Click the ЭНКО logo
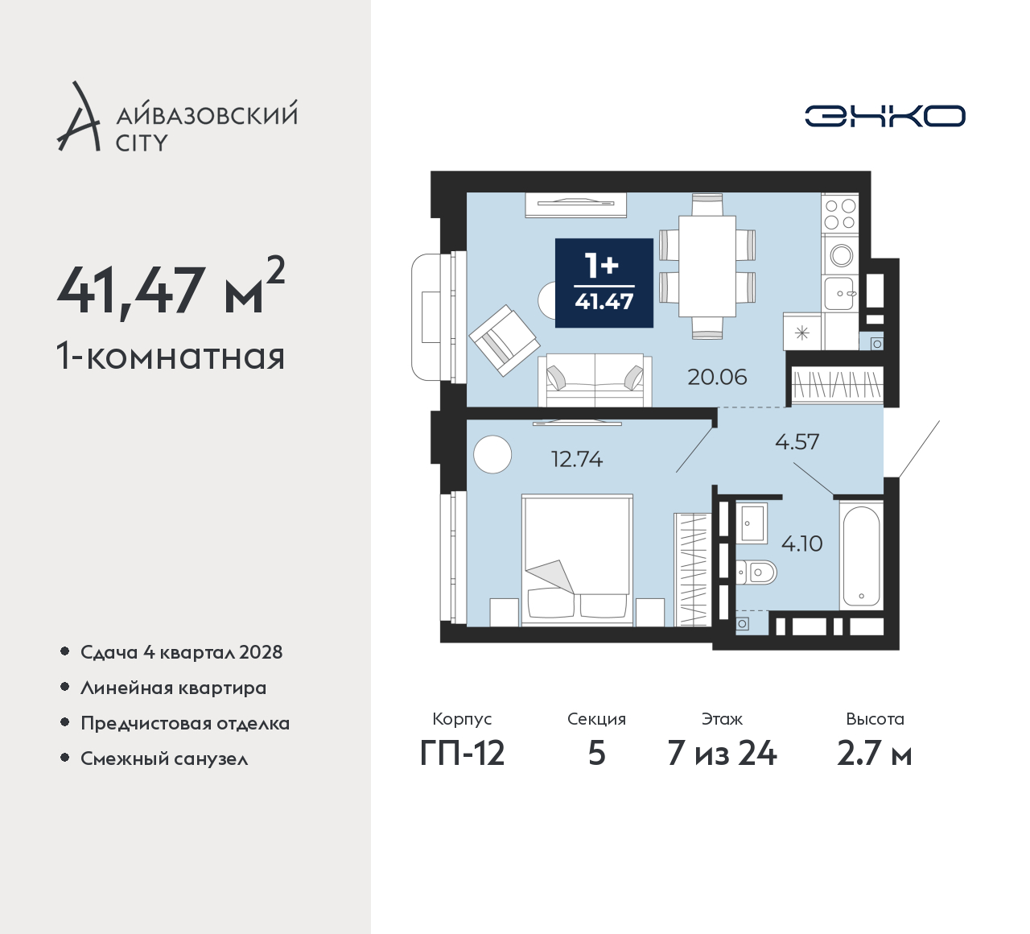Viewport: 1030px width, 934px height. point(884,116)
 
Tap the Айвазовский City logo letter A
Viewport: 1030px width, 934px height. point(78,116)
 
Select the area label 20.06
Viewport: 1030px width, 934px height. point(717,377)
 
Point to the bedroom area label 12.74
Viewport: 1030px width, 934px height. point(577,459)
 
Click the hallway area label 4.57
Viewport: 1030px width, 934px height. point(797,442)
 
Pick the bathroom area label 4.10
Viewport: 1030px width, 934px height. point(802,543)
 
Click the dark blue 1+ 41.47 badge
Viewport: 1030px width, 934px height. point(604,283)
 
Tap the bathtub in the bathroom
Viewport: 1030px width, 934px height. point(861,555)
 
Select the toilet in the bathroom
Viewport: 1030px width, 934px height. point(756,572)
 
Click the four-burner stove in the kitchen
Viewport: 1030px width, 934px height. point(840,213)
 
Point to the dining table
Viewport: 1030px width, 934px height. point(707,267)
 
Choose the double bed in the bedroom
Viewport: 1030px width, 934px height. point(577,560)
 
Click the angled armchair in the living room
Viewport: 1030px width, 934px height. point(504,340)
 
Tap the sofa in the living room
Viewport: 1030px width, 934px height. point(595,380)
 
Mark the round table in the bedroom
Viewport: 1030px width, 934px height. point(492,454)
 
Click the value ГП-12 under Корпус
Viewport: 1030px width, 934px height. point(462,754)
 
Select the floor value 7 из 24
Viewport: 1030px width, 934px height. point(722,754)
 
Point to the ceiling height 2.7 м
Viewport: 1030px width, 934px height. point(875,754)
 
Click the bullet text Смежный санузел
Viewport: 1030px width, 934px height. point(164,758)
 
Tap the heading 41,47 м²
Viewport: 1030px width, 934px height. point(171,289)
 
